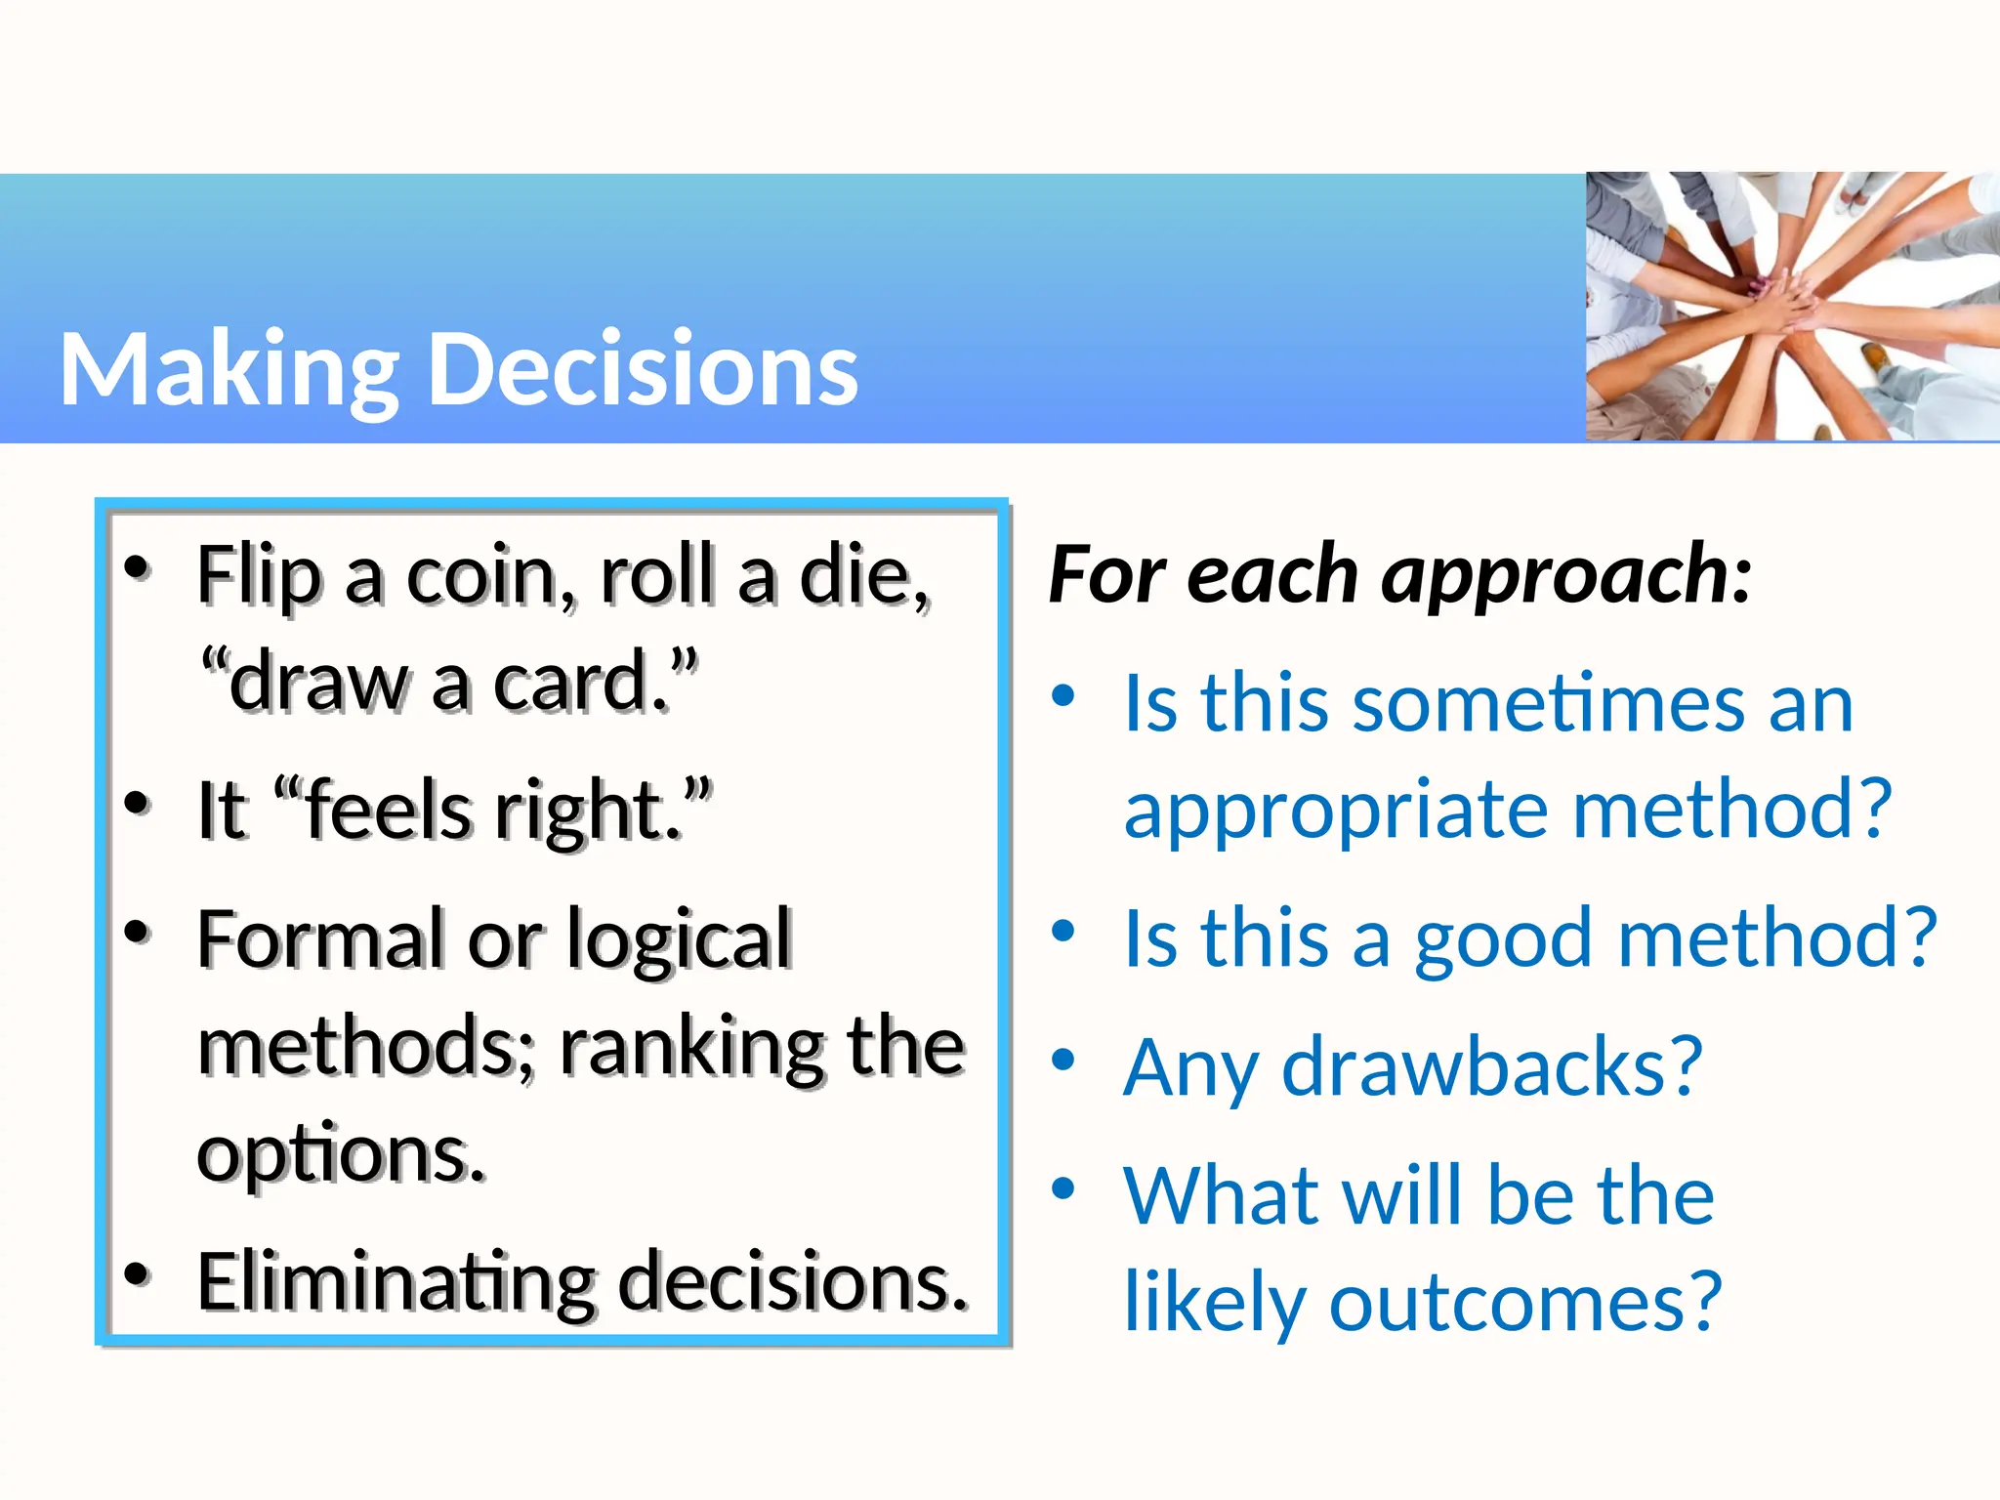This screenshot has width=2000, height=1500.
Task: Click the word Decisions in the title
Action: point(644,369)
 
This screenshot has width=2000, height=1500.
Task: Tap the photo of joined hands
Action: point(1791,306)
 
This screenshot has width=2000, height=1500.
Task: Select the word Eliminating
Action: point(396,1281)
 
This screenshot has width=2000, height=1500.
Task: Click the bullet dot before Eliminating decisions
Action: point(138,1274)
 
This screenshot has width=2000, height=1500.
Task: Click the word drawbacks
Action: point(1492,1066)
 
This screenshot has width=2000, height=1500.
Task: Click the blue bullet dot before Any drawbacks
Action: point(1063,1060)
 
